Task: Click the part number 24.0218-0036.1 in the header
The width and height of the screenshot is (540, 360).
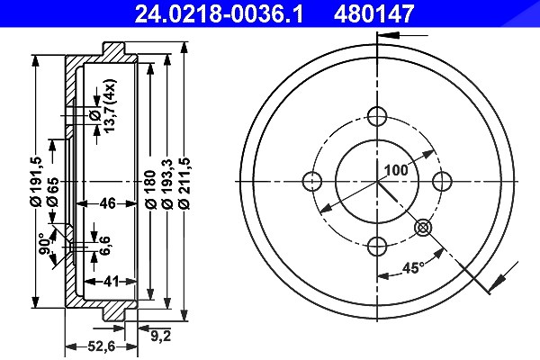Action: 219,14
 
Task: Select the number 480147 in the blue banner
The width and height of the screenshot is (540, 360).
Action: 373,14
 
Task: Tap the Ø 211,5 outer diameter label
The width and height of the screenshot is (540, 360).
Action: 184,184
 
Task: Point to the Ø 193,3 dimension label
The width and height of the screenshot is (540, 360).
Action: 167,184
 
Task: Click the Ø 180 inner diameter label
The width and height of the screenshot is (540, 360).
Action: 150,190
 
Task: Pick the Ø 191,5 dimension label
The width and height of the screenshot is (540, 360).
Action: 36,182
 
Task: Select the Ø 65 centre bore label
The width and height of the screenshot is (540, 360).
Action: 53,193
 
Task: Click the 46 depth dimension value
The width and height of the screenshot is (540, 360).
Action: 107,203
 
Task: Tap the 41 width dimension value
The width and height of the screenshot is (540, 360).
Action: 110,282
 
